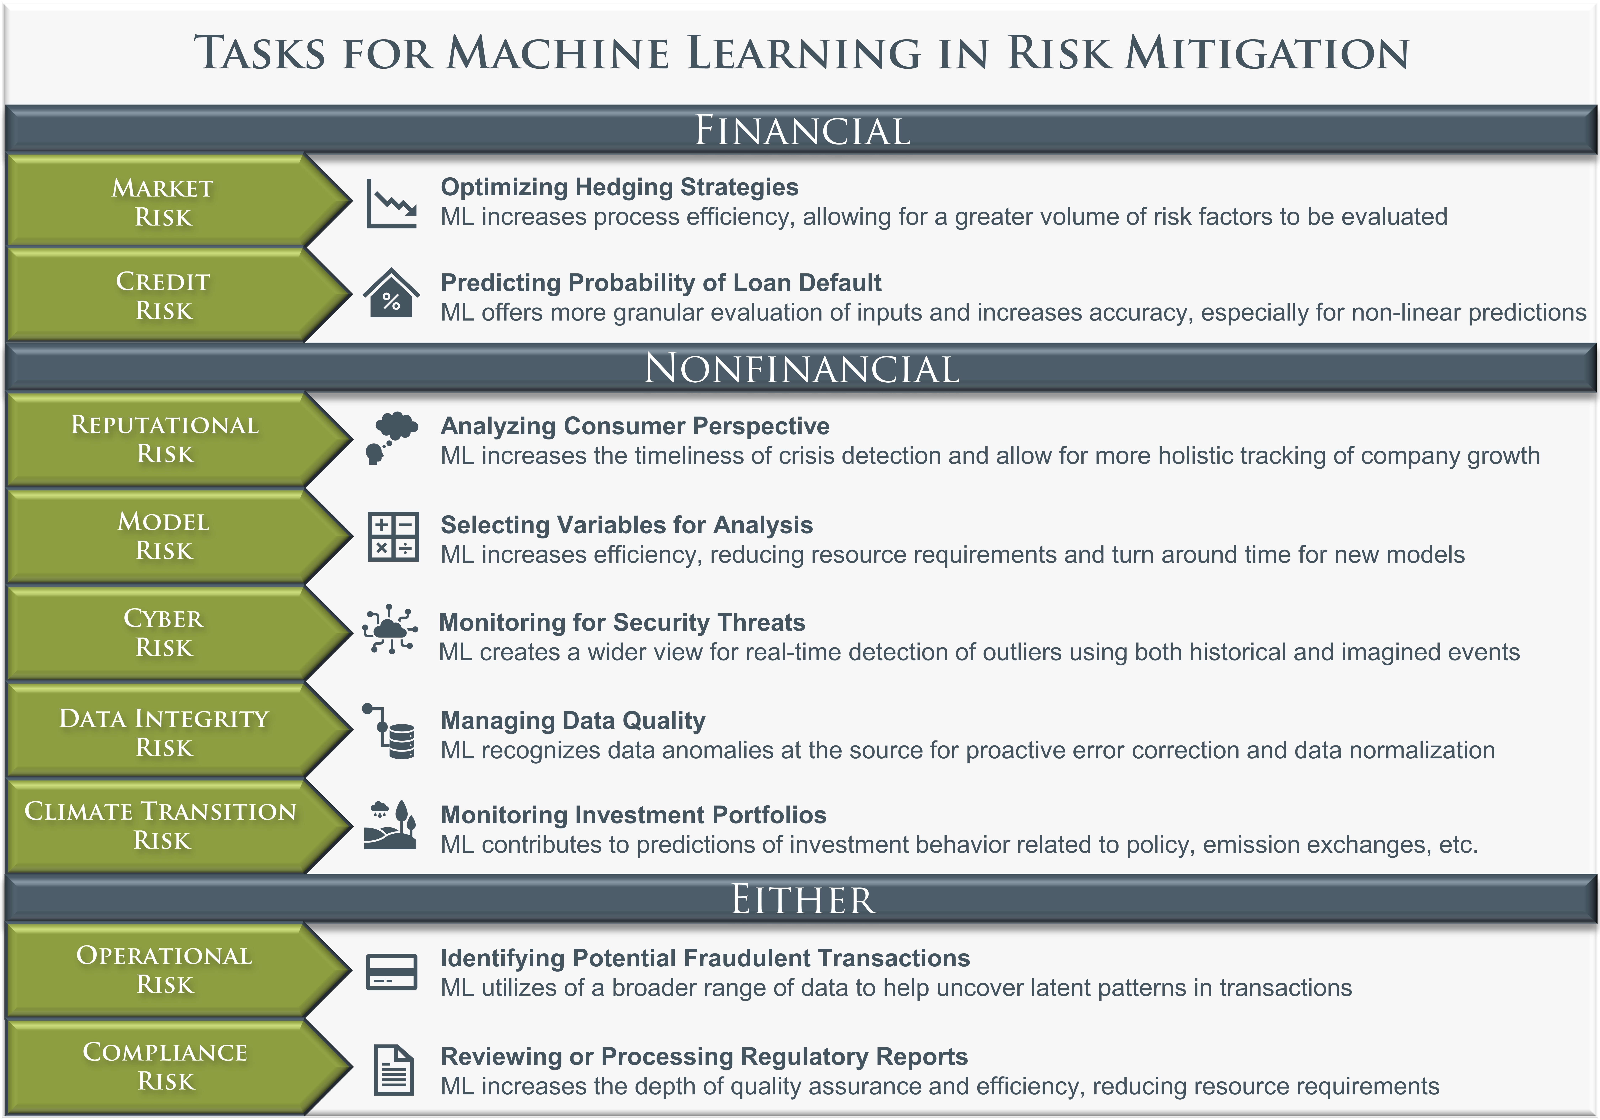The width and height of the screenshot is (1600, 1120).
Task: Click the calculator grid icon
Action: coord(393,537)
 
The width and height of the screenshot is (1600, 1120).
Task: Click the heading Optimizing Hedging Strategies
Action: coord(620,187)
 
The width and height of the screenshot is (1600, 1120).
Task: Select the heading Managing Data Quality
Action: coord(573,720)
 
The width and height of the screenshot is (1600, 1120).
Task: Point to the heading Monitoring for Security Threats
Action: coord(622,622)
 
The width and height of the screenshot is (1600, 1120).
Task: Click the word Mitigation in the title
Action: coord(1268,53)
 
